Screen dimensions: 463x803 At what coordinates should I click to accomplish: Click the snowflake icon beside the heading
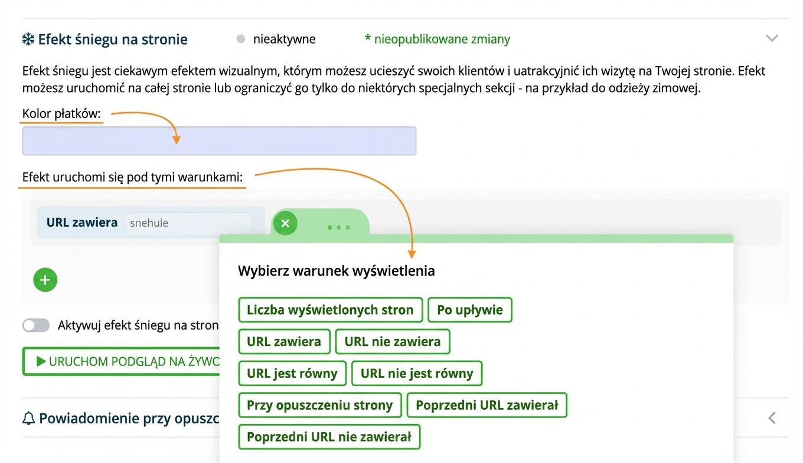[28, 40]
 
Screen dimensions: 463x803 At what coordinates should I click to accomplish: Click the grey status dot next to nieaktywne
[240, 40]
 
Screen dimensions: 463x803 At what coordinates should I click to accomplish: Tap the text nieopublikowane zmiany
[438, 40]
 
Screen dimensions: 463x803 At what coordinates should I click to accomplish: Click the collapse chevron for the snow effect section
[772, 38]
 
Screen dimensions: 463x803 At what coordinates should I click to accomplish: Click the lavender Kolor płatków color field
[219, 141]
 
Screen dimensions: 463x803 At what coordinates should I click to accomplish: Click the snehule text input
[188, 223]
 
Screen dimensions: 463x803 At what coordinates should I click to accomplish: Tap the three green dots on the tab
[338, 227]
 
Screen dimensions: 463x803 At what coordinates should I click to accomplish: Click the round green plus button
[45, 280]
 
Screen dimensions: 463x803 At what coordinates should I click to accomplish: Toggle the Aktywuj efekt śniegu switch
[36, 325]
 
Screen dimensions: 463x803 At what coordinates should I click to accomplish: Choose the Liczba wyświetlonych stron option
[330, 310]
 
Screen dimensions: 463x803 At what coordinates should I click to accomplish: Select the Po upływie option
[469, 310]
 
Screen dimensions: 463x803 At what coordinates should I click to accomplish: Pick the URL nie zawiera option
[392, 341]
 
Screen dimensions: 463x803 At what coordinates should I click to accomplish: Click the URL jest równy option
[292, 373]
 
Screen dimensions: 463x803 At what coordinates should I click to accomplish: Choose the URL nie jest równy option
[416, 373]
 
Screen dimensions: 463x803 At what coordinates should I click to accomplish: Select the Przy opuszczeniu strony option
[319, 405]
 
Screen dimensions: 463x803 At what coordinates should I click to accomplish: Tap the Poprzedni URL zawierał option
[487, 405]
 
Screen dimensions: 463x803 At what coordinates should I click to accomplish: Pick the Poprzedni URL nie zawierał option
[329, 437]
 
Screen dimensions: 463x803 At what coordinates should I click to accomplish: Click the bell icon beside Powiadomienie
[28, 419]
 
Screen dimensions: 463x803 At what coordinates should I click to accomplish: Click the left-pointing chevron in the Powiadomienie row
[772, 418]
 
